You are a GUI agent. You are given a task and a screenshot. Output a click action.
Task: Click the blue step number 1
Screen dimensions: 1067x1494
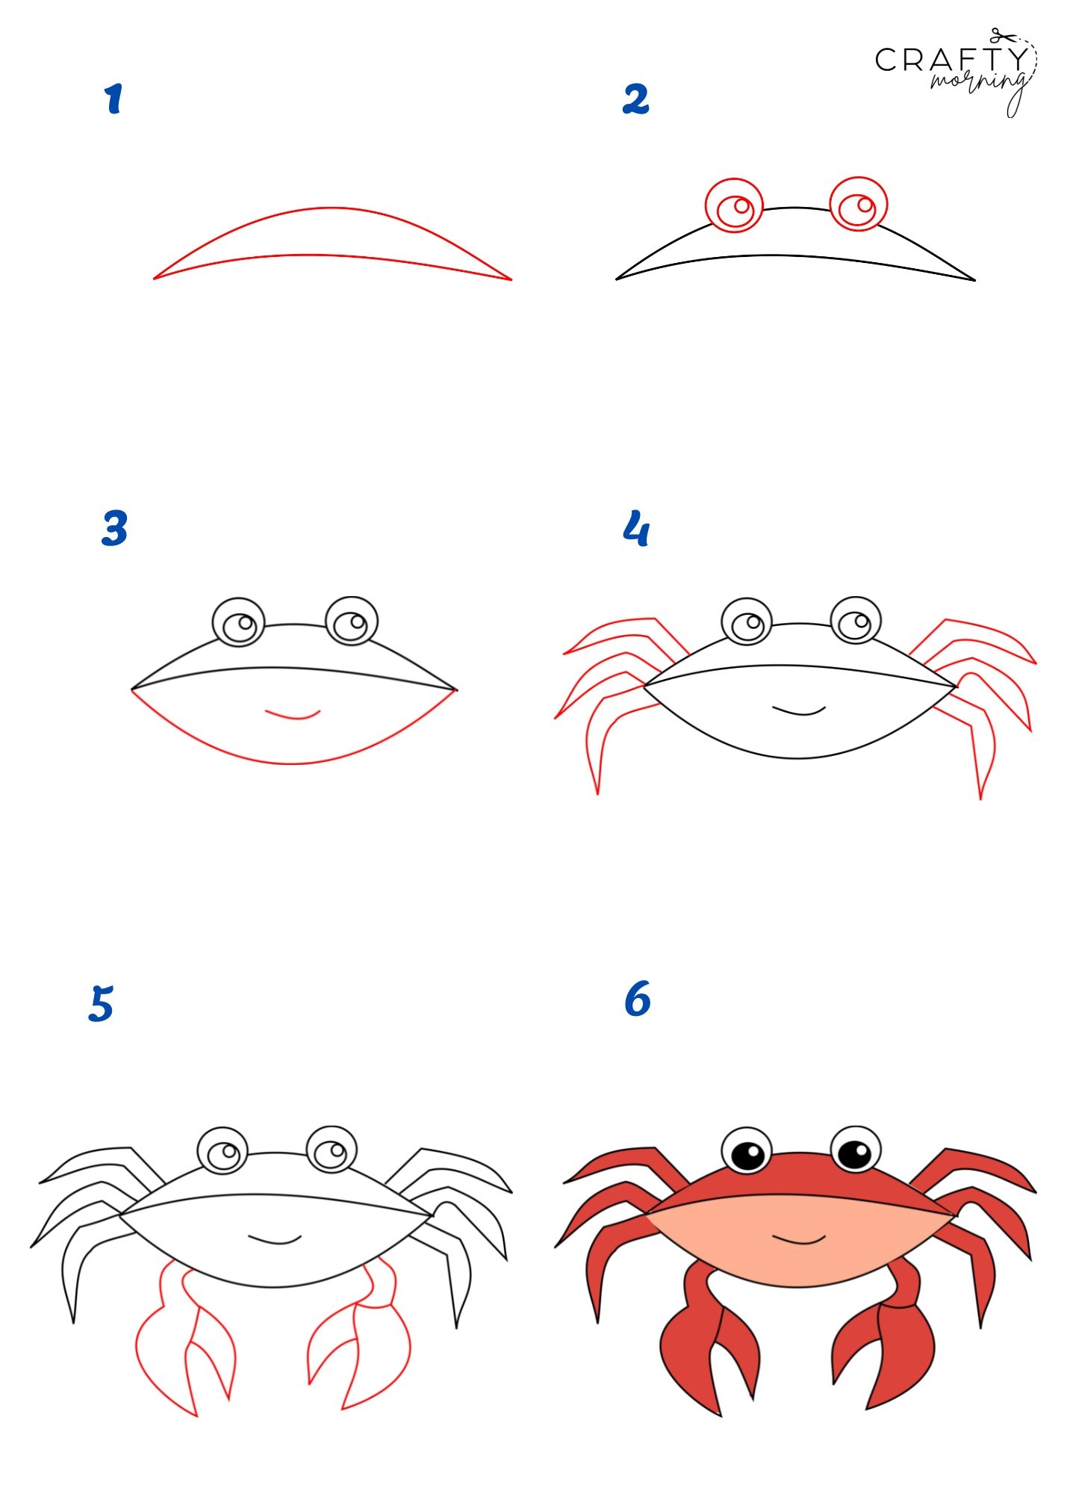(x=113, y=99)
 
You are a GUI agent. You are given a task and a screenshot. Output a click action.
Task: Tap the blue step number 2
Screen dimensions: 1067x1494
(x=635, y=99)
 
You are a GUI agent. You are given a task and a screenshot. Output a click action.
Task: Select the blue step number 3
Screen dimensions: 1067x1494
(x=114, y=528)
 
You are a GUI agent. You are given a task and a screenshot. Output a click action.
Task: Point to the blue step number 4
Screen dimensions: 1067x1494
(x=636, y=528)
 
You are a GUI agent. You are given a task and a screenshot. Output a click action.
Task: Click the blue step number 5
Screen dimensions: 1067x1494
(x=101, y=1003)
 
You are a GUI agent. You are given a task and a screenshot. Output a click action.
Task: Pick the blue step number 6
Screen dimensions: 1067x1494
(x=637, y=999)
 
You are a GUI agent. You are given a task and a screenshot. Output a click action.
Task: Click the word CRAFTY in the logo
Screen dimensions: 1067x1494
(x=951, y=60)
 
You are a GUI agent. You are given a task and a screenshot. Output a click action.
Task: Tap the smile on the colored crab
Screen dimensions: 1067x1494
(x=799, y=1240)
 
